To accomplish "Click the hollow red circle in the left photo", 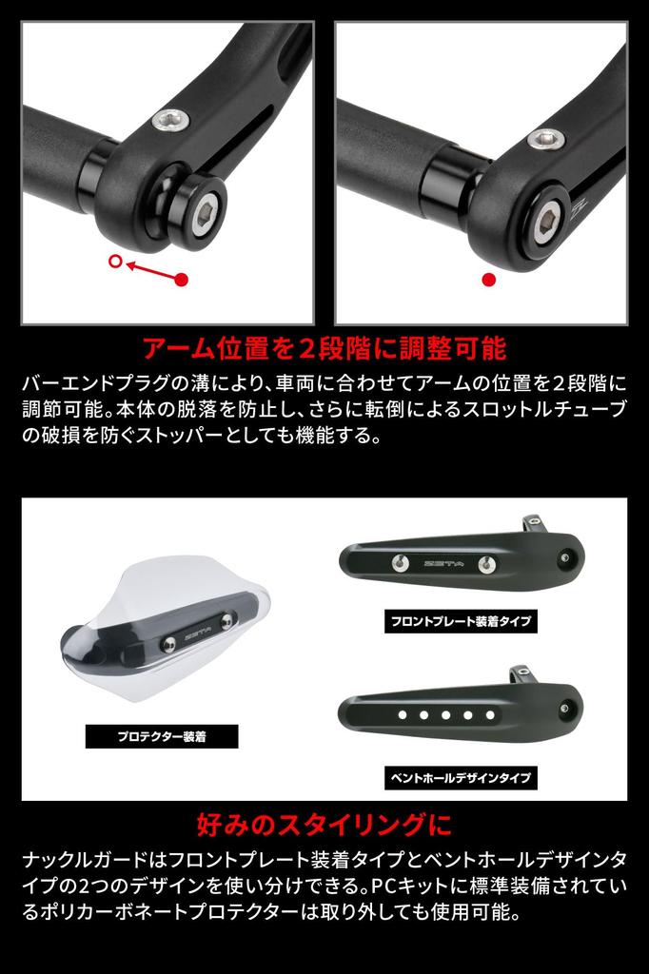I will point(116,262).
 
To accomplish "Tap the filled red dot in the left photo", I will point(183,280).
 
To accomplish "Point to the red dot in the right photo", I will point(489,280).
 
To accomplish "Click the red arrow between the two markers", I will point(149,270).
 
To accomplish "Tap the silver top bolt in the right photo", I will point(545,138).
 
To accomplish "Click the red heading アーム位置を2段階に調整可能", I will point(324,347).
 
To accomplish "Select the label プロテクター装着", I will point(162,736).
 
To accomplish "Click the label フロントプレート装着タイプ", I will point(461,622).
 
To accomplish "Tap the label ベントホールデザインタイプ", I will point(461,777).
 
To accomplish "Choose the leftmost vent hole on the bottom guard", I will point(403,713).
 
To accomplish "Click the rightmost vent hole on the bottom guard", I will point(490,713).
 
